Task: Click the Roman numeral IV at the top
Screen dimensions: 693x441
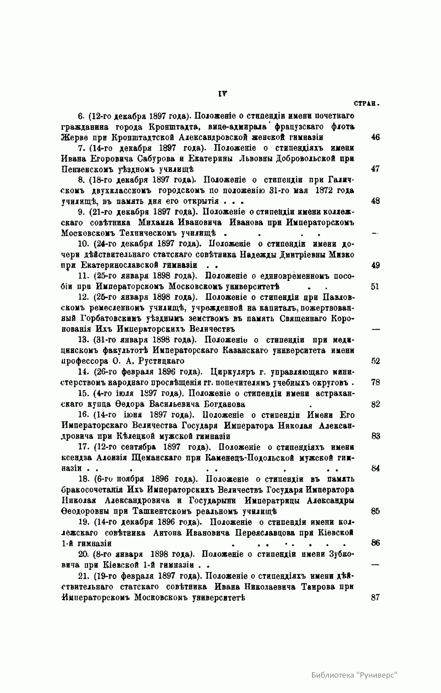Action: point(222,94)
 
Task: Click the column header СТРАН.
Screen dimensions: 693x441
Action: point(366,104)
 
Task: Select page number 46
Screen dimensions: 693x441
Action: point(375,137)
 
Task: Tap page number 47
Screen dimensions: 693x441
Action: point(375,169)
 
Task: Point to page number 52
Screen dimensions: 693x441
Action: point(375,361)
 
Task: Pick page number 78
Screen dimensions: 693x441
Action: point(375,382)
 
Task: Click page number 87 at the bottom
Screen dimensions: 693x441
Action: point(375,597)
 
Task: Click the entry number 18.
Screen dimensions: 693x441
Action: point(83,479)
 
